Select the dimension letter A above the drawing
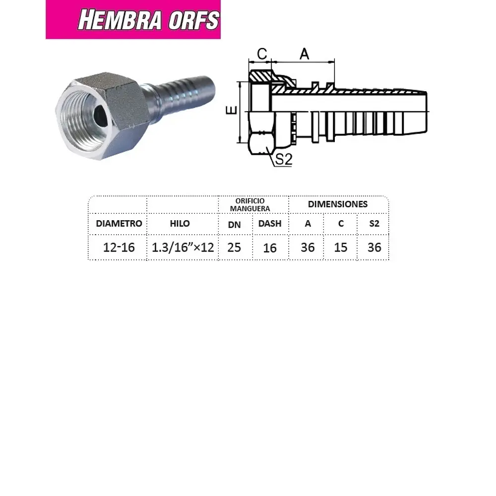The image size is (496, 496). (304, 54)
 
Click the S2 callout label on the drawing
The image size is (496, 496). (284, 159)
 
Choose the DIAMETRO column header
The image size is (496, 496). (119, 223)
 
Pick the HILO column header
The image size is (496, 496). (180, 223)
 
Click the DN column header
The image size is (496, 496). (234, 225)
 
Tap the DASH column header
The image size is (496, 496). (270, 223)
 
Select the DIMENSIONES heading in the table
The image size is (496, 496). (338, 204)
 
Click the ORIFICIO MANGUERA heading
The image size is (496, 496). (253, 205)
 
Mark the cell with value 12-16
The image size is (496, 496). (119, 247)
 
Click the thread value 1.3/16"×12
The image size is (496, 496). (183, 247)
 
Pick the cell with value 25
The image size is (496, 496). (234, 247)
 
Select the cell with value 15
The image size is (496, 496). (341, 247)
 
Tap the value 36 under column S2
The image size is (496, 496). (374, 247)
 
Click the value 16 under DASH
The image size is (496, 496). (270, 248)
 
